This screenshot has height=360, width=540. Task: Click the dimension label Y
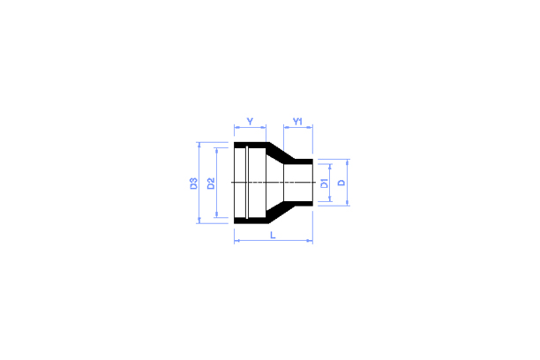250,120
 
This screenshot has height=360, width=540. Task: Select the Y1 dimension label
298,120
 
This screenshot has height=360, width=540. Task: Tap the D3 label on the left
193,184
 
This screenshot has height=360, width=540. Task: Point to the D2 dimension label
211,184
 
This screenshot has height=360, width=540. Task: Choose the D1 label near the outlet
325,183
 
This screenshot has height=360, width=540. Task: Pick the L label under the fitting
273,235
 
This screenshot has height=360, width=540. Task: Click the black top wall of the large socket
251,146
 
